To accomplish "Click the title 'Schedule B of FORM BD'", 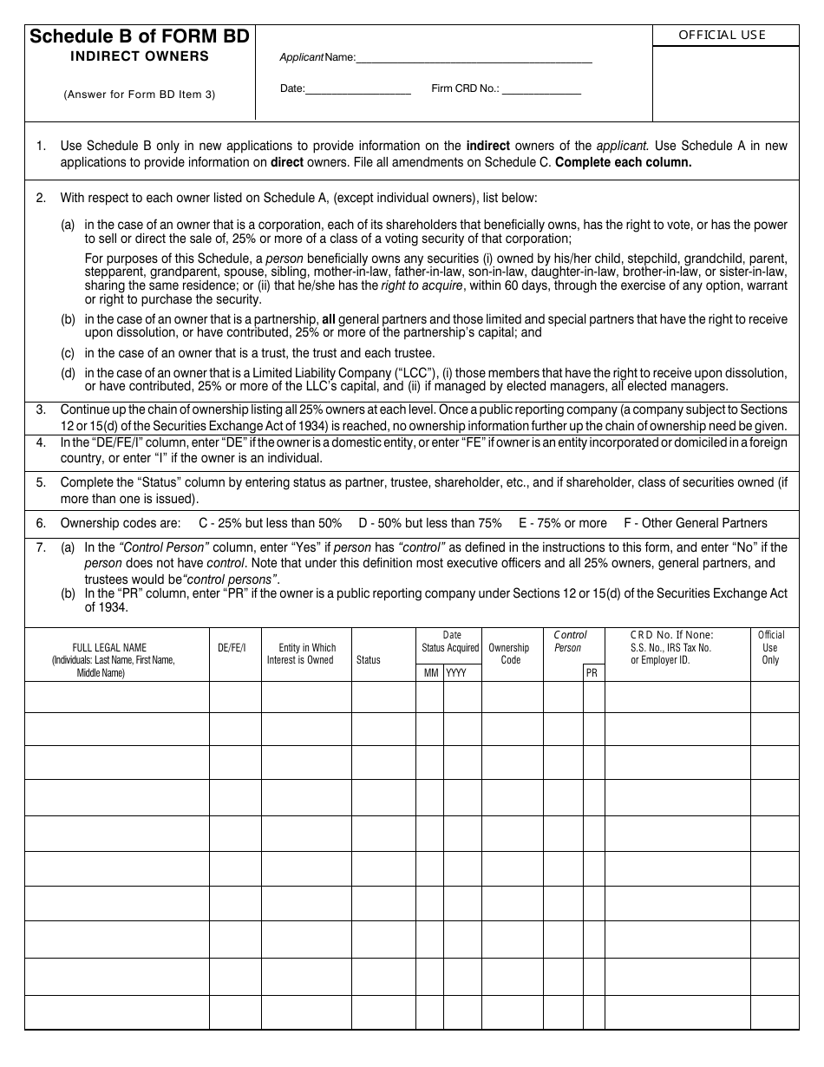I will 140,36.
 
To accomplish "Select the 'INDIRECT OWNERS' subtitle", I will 140,56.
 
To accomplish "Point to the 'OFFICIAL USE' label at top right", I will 722,35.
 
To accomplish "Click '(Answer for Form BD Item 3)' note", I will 140,95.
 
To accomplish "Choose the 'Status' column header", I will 369,660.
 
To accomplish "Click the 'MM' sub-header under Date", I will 430,673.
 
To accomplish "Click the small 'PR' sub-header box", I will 592,673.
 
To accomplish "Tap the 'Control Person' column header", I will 569,641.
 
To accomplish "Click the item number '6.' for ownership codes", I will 41,523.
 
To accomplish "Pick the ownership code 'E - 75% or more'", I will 563,523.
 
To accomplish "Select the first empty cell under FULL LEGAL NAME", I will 117,697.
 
